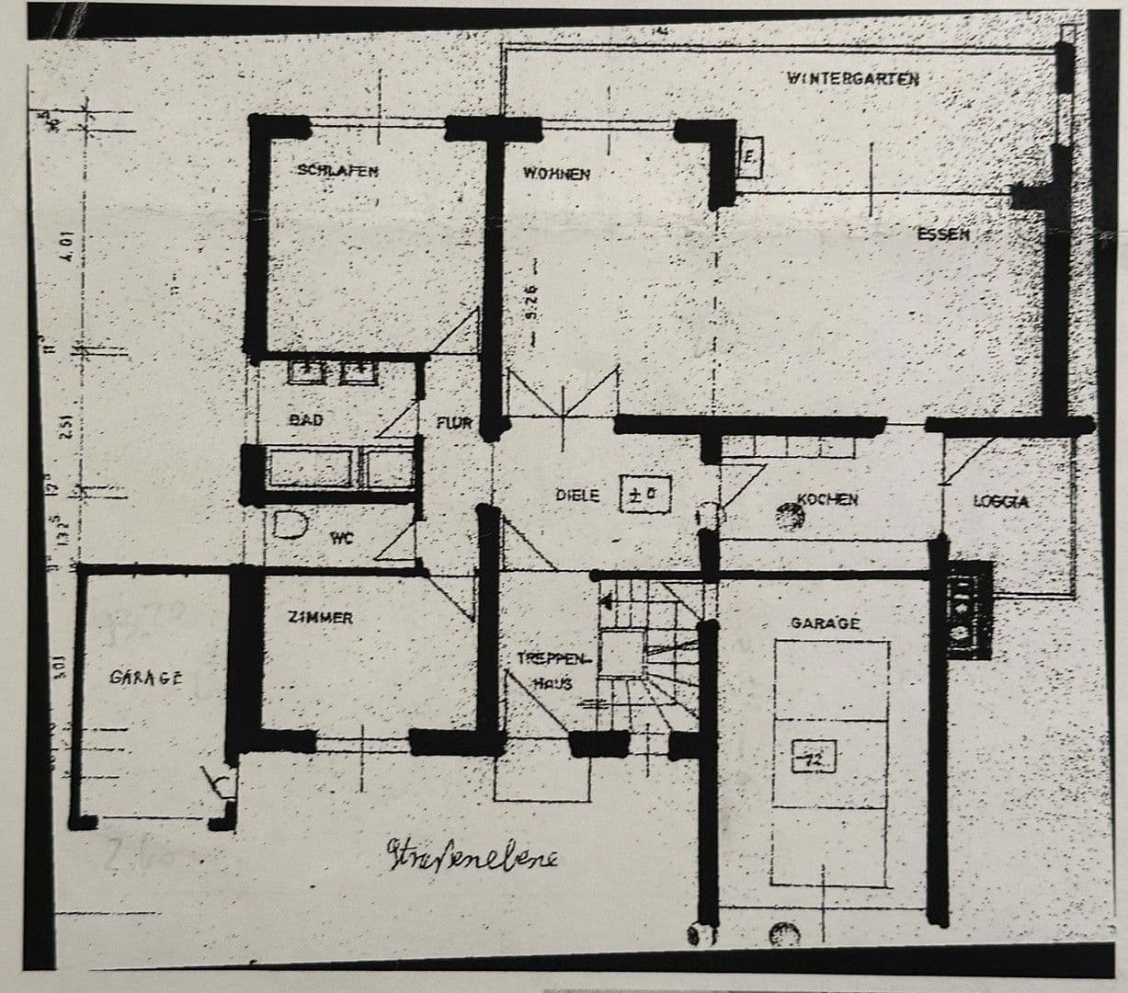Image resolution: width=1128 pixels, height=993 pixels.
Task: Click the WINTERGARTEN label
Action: [853, 78]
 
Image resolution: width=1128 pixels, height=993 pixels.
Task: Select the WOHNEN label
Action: [555, 174]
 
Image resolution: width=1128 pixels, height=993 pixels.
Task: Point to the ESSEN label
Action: [942, 234]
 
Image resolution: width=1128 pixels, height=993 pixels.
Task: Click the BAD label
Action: [306, 419]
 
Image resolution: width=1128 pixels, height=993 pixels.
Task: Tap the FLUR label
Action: [454, 423]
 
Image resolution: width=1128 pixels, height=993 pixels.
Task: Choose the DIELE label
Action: [577, 496]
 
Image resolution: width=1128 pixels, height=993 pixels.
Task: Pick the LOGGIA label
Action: [1000, 501]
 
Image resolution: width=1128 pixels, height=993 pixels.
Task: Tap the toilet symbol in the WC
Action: [291, 525]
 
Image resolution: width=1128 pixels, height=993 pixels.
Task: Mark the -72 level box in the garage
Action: [812, 760]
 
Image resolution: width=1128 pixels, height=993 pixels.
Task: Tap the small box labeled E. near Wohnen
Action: [750, 158]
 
